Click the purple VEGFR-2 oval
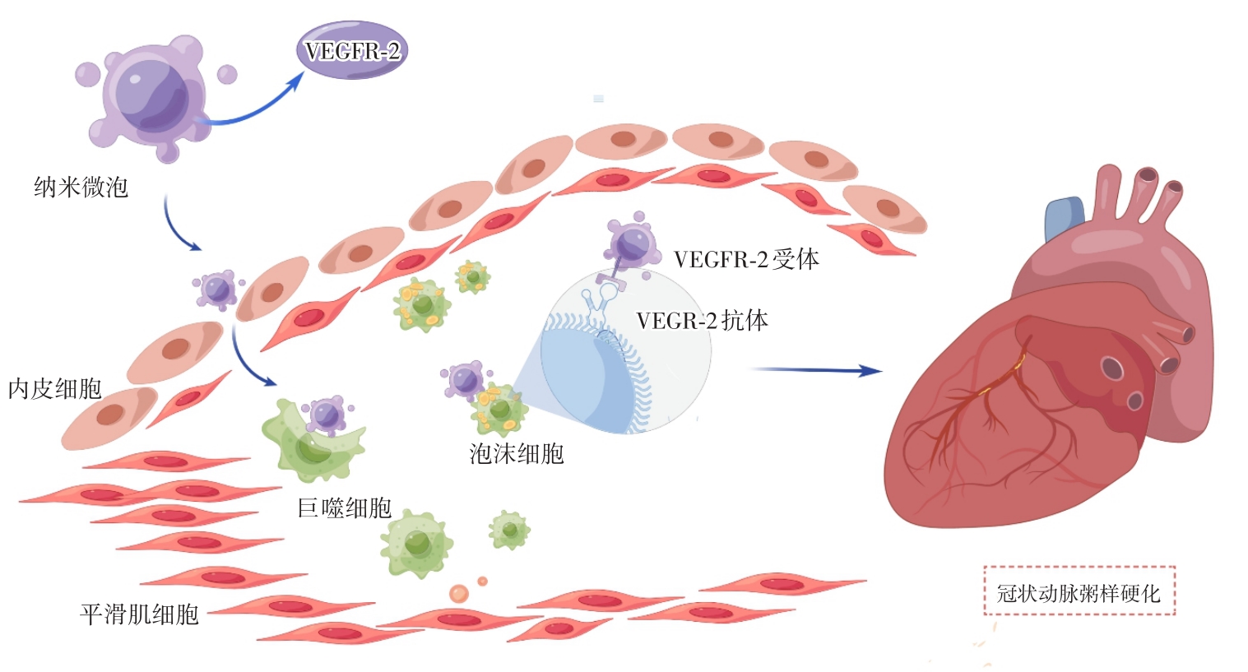pyautogui.click(x=351, y=51)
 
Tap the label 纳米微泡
pyautogui.click(x=81, y=188)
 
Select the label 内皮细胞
pyautogui.click(x=54, y=388)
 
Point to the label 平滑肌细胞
pyautogui.click(x=139, y=614)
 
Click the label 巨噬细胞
pyautogui.click(x=344, y=507)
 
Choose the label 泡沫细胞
pyautogui.click(x=516, y=453)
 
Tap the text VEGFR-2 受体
pyautogui.click(x=746, y=259)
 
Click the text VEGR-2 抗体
pyautogui.click(x=702, y=320)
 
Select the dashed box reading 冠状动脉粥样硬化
pyautogui.click(x=1079, y=591)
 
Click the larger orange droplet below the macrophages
pyautogui.click(x=458, y=593)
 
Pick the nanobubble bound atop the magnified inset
pyautogui.click(x=632, y=242)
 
